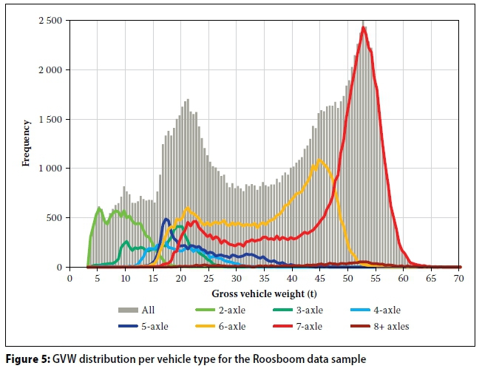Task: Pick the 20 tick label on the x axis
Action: [181, 279]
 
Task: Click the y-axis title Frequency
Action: [27, 143]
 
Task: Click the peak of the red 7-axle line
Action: [364, 27]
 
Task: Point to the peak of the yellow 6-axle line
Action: [319, 160]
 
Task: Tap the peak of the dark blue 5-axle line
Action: [166, 219]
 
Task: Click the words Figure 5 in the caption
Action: [27, 359]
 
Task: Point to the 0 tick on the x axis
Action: [69, 279]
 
